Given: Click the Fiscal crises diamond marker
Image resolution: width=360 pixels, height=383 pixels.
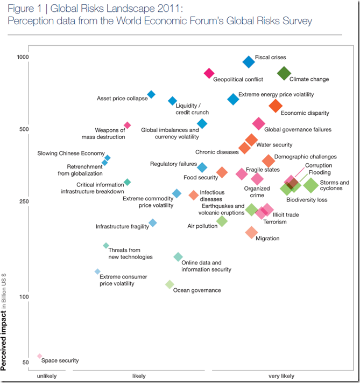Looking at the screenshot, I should point(249,62).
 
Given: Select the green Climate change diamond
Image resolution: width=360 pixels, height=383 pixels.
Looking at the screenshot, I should point(284,74).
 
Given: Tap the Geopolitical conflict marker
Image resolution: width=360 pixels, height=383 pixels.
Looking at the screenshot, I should point(209,73).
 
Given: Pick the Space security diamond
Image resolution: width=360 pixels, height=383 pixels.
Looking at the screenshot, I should point(39,356).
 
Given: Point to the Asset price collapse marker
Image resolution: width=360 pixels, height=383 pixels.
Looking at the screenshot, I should point(151,94).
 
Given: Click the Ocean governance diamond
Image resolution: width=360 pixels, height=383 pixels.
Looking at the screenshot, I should point(170,284).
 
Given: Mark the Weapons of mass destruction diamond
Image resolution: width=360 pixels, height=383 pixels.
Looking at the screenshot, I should point(128,125).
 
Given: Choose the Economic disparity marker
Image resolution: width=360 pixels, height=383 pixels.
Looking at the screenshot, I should point(275,106).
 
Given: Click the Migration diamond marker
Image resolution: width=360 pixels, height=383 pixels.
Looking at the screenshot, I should point(251,232).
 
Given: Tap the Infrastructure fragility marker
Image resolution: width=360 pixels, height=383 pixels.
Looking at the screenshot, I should point(153,222).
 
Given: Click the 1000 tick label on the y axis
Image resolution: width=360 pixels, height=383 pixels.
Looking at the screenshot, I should point(22,58).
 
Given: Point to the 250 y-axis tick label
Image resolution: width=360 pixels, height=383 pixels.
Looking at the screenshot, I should point(23,201).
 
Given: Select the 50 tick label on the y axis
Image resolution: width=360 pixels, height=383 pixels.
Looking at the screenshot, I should point(25,362).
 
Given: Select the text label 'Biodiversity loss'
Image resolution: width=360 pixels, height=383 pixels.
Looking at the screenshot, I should point(307,200).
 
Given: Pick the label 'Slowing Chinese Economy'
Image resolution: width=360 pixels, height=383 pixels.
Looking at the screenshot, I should point(70,154).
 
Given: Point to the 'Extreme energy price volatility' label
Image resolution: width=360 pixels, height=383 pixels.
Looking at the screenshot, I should point(276,94).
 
